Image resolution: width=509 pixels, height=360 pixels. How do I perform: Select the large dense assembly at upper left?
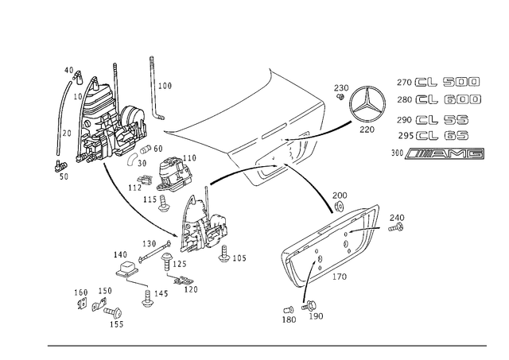107,119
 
